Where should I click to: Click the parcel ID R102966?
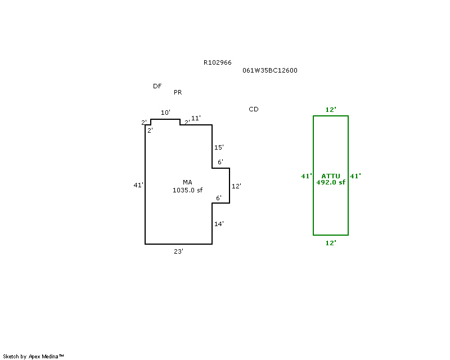coord(217,63)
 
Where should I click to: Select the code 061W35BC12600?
coord(270,71)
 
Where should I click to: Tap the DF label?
coord(157,86)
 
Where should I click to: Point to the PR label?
coord(178,92)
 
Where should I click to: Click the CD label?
coord(254,109)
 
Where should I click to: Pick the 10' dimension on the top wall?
coord(165,113)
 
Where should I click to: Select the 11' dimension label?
coord(196,118)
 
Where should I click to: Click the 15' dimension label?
coord(219,147)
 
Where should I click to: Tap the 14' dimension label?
coord(219,224)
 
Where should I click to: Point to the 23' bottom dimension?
coord(178,252)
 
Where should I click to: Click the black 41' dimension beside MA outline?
coord(138,185)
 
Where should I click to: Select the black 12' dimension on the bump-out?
coord(236,186)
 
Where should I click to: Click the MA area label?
coord(187,182)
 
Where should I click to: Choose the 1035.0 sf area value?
coord(187,190)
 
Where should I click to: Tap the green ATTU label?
coord(331,176)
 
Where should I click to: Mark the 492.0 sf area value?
coord(331,182)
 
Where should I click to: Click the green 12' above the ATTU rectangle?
coord(331,110)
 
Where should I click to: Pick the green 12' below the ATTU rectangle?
coord(331,243)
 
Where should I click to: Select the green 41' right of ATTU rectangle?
coord(355,176)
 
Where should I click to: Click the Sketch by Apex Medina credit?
coord(34,356)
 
